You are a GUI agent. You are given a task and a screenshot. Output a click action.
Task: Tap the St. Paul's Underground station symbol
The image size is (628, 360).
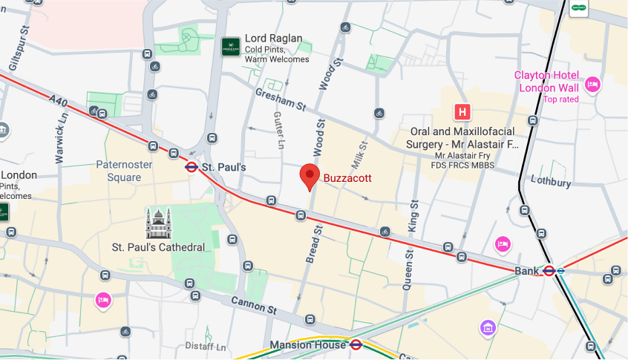coord(192,168)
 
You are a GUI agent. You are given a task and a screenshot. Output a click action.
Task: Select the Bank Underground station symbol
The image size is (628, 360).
coord(549,271)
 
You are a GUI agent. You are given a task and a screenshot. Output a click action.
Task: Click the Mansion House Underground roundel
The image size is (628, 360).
coord(356,344)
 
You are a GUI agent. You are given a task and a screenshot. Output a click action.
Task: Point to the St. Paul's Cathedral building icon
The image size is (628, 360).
coord(158,223)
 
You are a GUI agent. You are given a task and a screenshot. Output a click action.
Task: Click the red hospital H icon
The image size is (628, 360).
coord(462,112)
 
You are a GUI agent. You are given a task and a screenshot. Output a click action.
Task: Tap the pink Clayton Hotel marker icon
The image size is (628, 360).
coord(592,84)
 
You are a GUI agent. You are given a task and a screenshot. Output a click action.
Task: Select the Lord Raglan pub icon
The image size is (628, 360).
coord(231,47)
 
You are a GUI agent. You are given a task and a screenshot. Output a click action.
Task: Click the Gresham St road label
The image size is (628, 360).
coord(281,100)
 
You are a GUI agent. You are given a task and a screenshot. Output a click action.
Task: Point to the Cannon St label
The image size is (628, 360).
coord(253,304)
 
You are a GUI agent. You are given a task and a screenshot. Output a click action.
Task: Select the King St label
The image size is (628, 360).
coord(413,216)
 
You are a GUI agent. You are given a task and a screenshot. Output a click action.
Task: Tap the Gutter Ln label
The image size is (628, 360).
coord(279,130)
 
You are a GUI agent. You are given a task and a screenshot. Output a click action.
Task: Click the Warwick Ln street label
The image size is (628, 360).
coord(60,138)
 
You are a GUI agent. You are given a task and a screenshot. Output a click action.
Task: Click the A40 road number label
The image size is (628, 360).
coord(58,99)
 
